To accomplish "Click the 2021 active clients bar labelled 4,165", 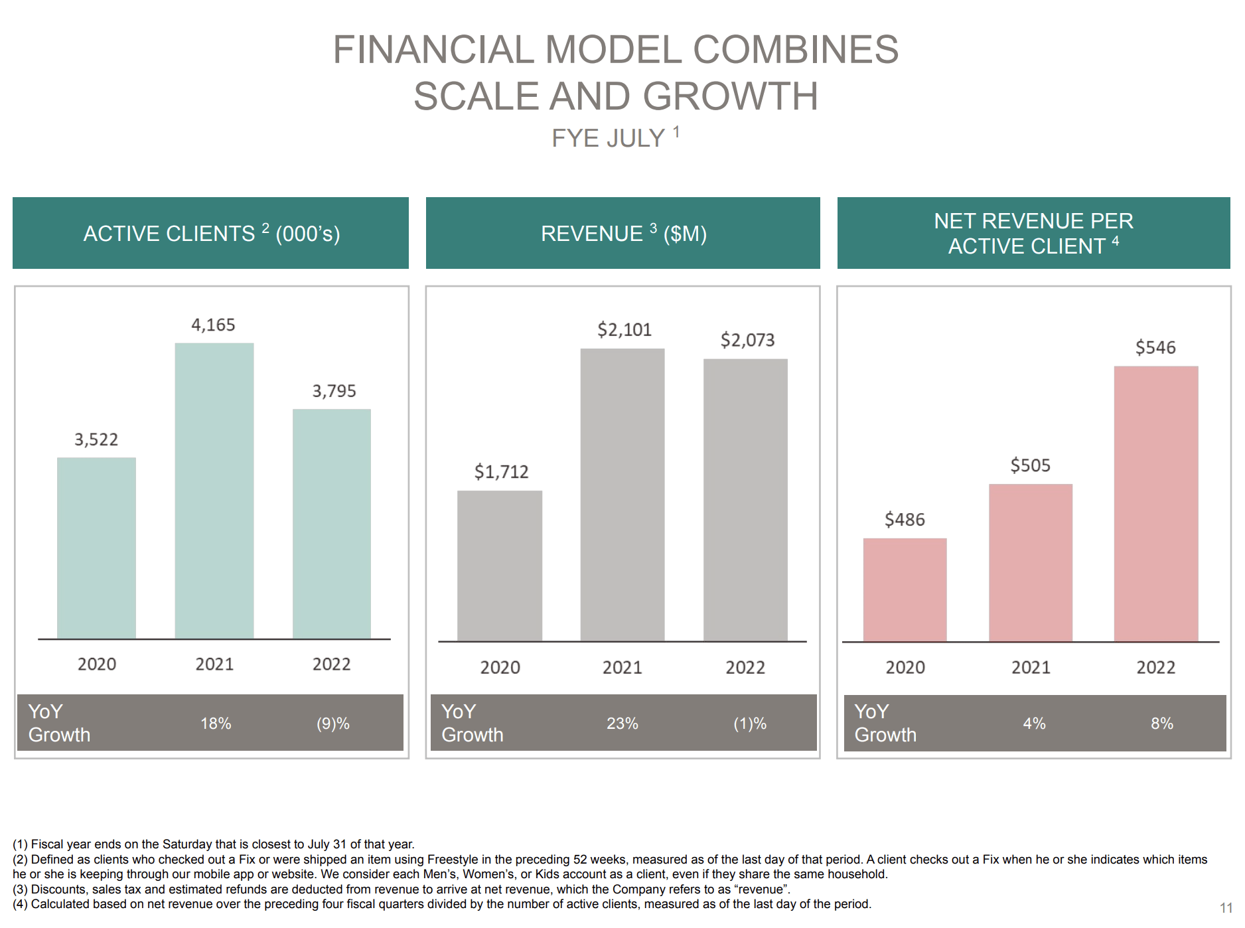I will pos(214,491).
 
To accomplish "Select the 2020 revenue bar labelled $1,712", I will pos(499,566).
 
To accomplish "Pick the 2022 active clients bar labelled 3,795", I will pos(331,524).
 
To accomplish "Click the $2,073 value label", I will pos(747,340).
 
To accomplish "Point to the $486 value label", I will pos(904,519).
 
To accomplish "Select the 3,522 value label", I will pos(96,439).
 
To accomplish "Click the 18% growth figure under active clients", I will pos(216,723).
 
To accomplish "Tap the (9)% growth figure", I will pos(332,723).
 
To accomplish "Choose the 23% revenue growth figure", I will pos(622,723).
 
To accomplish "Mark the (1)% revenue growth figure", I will pos(749,723).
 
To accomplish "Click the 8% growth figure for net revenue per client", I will pos(1161,723).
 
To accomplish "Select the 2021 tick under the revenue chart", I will pos(622,667).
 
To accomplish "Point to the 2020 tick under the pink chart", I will pos(905,667).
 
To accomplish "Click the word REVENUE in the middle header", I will pos(591,234).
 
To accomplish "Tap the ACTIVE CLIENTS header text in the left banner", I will pos(169,234).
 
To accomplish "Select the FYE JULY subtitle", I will pos(608,138).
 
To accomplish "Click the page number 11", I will pos(1225,907).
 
